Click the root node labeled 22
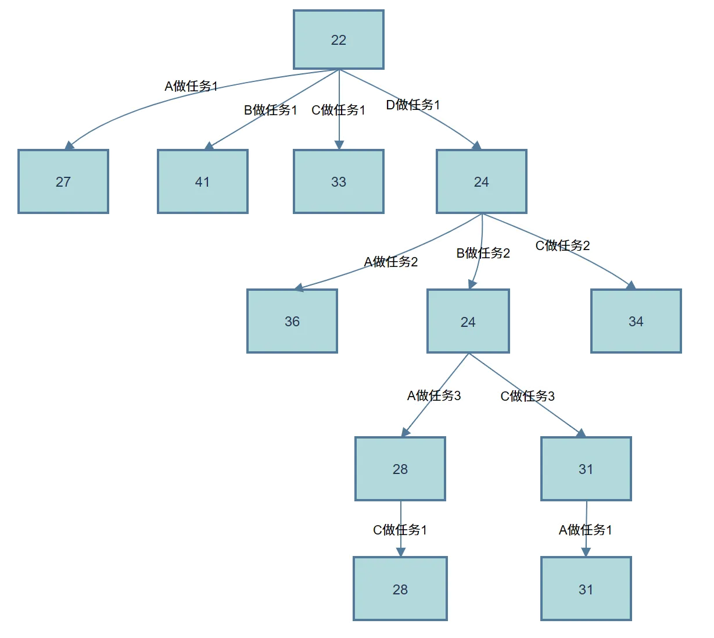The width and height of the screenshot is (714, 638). [x=339, y=40]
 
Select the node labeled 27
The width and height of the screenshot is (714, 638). [x=63, y=182]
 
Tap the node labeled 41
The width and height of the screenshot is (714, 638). [x=202, y=182]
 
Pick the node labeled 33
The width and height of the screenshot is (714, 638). [x=339, y=182]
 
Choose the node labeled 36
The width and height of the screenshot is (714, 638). [x=292, y=322]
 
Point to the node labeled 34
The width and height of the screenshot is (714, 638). [x=636, y=322]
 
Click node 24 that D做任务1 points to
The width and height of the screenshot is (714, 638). [x=482, y=182]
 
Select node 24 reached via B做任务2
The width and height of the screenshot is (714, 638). [x=468, y=322]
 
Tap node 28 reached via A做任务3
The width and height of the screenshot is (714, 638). [x=400, y=469]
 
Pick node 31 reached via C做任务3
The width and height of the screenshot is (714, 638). [x=586, y=469]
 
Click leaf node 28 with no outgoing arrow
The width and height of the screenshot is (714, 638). [x=400, y=589]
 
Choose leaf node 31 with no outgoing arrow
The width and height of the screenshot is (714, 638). [x=586, y=589]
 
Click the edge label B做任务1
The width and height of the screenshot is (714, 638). [x=270, y=110]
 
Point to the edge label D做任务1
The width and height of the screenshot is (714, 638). [x=413, y=105]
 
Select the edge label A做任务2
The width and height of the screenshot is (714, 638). [x=391, y=262]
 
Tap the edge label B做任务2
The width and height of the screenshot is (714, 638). [x=483, y=253]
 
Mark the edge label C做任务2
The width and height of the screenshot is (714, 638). [x=562, y=245]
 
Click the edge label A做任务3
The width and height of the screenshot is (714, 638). [x=434, y=396]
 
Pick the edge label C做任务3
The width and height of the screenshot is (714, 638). [x=528, y=396]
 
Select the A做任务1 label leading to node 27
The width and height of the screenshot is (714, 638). [x=191, y=87]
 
